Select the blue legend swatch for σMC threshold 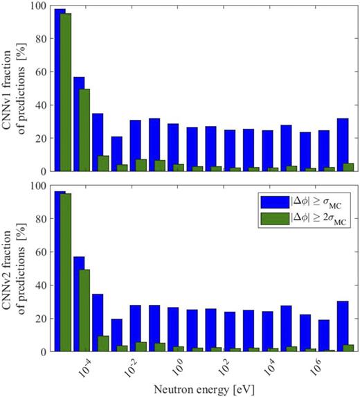(276, 202)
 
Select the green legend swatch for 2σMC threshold (276, 220)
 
